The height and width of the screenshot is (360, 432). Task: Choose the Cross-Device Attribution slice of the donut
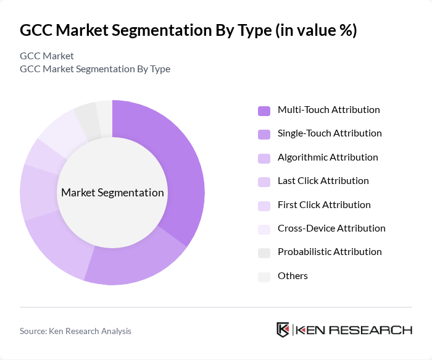click(x=62, y=130)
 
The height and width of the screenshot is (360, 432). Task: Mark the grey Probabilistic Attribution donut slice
click(x=87, y=114)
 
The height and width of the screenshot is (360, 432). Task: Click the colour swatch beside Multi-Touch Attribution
click(x=264, y=111)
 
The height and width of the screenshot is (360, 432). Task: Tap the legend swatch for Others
click(x=264, y=277)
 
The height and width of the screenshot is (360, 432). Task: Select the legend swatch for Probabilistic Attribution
click(x=264, y=253)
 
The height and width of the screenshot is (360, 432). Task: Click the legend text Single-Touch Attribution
click(x=330, y=133)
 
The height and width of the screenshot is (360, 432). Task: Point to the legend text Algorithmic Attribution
click(x=328, y=157)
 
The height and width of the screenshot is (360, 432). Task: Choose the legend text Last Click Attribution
click(x=323, y=181)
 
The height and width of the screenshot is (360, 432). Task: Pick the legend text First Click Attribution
click(x=324, y=205)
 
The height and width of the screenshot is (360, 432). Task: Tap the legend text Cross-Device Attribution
click(x=331, y=228)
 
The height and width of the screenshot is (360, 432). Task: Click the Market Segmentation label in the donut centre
click(x=112, y=193)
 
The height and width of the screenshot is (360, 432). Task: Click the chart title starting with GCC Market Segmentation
click(x=188, y=31)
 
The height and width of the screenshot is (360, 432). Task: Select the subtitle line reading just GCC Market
click(x=47, y=56)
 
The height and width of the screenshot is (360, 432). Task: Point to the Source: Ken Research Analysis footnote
click(x=75, y=331)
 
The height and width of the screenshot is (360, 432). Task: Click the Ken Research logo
click(x=344, y=330)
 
